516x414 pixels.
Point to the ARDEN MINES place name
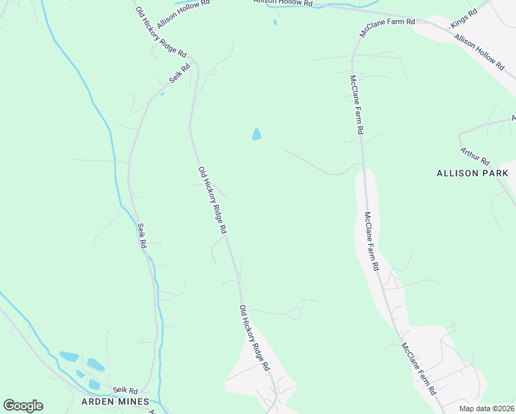pos(115,402)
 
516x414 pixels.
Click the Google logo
pos(23,406)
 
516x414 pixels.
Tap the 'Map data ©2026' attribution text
pos(486,408)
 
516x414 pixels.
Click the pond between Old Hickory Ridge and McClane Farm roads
pos(257,135)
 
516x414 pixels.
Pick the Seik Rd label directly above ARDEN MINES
pos(126,391)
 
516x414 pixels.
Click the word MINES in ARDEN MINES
pos(133,402)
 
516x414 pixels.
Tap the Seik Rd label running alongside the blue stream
pos(141,236)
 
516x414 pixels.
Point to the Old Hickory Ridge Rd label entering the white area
pos(254,337)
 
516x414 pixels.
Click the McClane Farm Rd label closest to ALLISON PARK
pos(372,241)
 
